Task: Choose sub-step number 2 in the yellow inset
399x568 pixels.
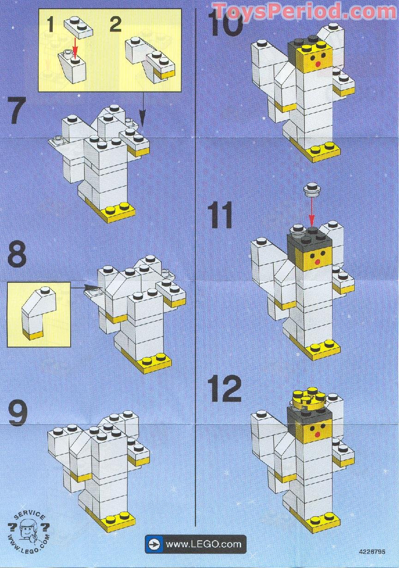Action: (115, 24)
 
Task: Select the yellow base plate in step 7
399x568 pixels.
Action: (119, 212)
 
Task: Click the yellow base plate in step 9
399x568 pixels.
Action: (119, 521)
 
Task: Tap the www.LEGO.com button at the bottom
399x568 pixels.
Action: (195, 544)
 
